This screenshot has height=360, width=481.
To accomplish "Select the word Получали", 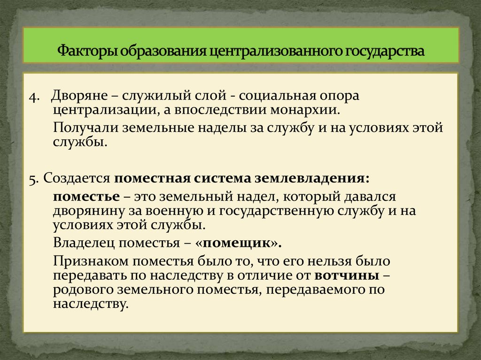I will pyautogui.click(x=85, y=128).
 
